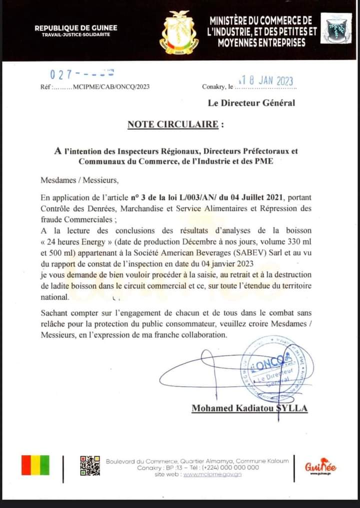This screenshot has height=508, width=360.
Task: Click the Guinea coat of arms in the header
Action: coord(178,33)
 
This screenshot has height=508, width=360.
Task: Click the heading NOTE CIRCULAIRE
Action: coord(172,124)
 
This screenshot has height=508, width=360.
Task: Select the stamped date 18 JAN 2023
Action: coord(266,81)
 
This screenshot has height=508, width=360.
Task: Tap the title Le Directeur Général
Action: coord(251,103)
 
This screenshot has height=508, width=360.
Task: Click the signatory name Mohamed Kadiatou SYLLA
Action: coord(249,409)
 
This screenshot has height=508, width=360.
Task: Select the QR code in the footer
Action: coord(90,466)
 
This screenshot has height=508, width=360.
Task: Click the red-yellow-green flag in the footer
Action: coord(35,465)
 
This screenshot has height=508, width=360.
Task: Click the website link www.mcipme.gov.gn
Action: coord(212,475)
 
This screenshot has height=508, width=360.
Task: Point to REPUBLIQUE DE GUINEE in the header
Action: coord(69,28)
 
